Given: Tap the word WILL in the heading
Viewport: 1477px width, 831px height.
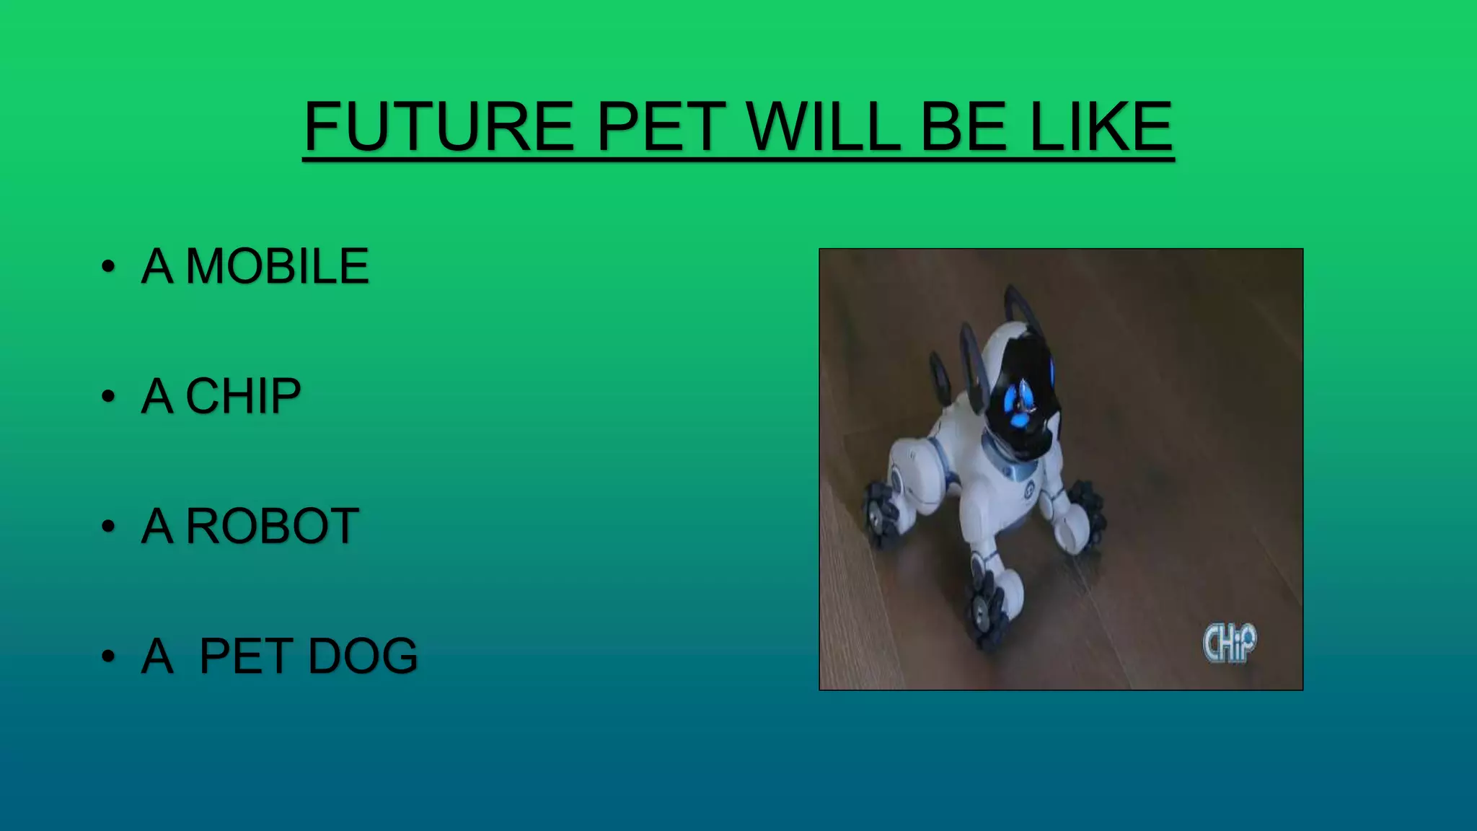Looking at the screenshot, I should pyautogui.click(x=823, y=127).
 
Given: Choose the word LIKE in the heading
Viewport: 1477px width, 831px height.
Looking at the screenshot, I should pyautogui.click(x=1101, y=127).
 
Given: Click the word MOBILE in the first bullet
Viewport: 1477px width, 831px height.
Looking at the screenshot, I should pyautogui.click(x=278, y=266).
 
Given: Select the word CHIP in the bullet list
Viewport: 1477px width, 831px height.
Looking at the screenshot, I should pyautogui.click(x=243, y=396).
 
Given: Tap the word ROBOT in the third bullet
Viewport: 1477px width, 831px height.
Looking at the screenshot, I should pyautogui.click(x=273, y=526).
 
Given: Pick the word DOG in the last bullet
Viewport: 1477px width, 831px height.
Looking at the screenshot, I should pyautogui.click(x=363, y=656).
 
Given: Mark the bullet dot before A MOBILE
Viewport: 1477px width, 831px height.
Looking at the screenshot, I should pyautogui.click(x=108, y=266).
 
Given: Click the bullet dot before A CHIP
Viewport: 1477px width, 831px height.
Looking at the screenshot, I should pyautogui.click(x=108, y=396).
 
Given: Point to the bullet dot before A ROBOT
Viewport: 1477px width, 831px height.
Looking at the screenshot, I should pyautogui.click(x=108, y=526).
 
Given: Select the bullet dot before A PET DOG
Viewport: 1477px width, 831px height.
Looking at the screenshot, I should pyautogui.click(x=108, y=656).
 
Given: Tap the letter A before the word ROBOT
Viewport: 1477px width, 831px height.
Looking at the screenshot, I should pyautogui.click(x=157, y=526).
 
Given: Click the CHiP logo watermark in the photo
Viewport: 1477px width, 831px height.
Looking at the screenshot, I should pyautogui.click(x=1229, y=643).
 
